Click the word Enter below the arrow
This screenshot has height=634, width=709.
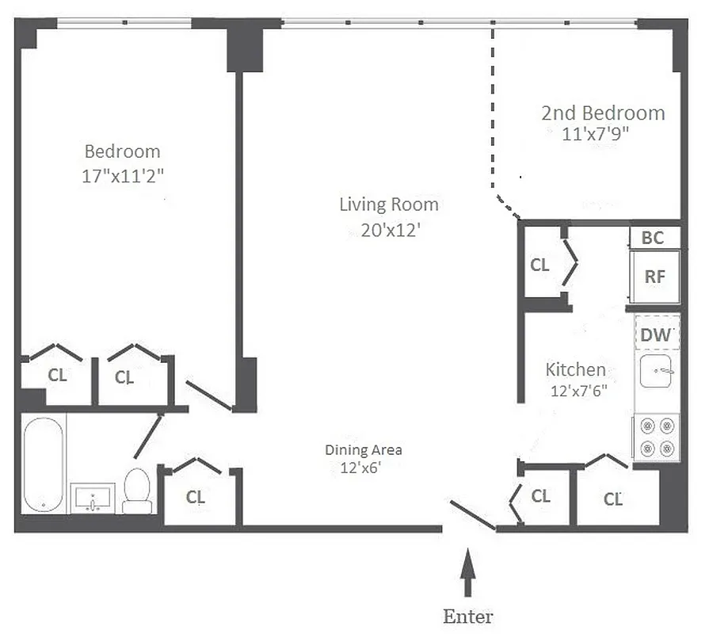[467, 617]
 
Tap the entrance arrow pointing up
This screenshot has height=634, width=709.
[468, 572]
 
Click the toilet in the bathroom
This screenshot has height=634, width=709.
[138, 491]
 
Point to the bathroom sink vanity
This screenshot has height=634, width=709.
[93, 498]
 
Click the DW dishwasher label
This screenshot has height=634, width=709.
[657, 335]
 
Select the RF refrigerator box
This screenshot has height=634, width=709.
[654, 277]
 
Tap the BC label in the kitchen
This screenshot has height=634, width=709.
[653, 238]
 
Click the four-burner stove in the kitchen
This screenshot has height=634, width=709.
[656, 437]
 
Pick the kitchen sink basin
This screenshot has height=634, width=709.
[656, 371]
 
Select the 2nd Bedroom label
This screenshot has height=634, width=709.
[603, 113]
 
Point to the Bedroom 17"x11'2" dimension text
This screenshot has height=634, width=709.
[122, 176]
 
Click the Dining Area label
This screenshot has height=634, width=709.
[363, 450]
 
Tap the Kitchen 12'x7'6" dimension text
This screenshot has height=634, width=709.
[578, 391]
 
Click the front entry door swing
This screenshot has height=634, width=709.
[473, 515]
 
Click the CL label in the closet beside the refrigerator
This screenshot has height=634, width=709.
[539, 265]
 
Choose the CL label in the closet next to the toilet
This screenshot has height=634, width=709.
[195, 497]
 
